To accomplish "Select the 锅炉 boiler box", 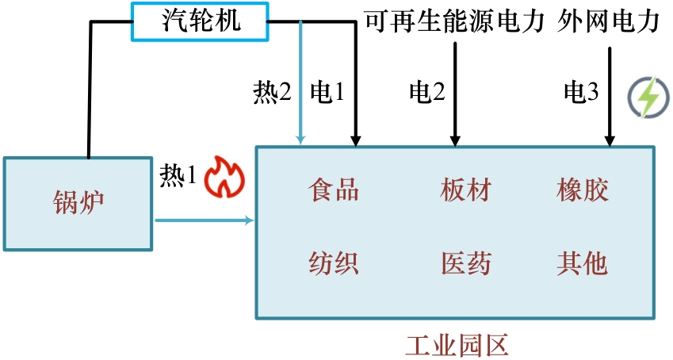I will [77, 204].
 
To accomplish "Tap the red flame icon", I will [223, 177].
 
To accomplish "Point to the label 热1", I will [178, 175].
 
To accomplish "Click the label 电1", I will [327, 94].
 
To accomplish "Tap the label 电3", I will [581, 94].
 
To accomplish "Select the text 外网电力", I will [608, 21].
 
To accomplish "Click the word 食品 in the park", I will [334, 191].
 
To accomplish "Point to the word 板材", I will [465, 191].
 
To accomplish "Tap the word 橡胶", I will [583, 191].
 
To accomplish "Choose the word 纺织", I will [334, 262].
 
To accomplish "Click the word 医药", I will [465, 262].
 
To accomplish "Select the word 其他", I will [583, 262].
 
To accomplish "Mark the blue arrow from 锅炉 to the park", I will [205, 220].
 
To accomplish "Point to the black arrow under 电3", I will [610, 103].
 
